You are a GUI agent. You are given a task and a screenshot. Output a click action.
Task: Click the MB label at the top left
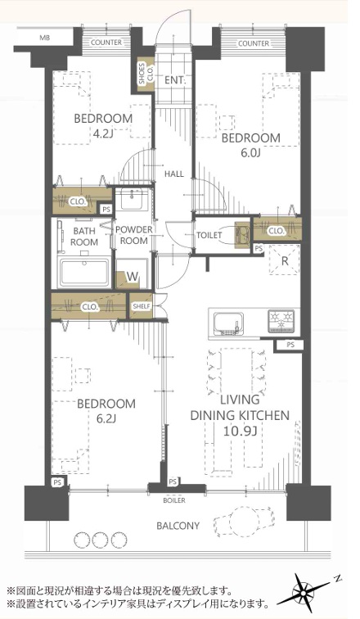(44, 38)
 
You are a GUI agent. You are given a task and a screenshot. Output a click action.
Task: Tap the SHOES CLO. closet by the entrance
(145, 74)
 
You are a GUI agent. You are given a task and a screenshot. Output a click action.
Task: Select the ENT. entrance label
(174, 80)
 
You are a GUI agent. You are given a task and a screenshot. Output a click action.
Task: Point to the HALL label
(174, 174)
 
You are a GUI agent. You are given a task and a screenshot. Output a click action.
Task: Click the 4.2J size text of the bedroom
(103, 134)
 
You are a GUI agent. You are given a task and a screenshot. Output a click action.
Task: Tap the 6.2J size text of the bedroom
(106, 418)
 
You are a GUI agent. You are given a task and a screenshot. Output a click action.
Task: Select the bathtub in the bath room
(84, 272)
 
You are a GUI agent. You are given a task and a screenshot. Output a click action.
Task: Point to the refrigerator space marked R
(284, 260)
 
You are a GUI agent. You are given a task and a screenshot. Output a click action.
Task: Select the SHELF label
(142, 305)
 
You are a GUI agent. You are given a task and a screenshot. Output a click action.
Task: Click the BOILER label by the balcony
(174, 500)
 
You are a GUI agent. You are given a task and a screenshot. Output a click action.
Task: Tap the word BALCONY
(178, 526)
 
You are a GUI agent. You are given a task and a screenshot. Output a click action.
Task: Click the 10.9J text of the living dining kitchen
(240, 431)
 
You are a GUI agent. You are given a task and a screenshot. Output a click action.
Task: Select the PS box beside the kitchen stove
(290, 345)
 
